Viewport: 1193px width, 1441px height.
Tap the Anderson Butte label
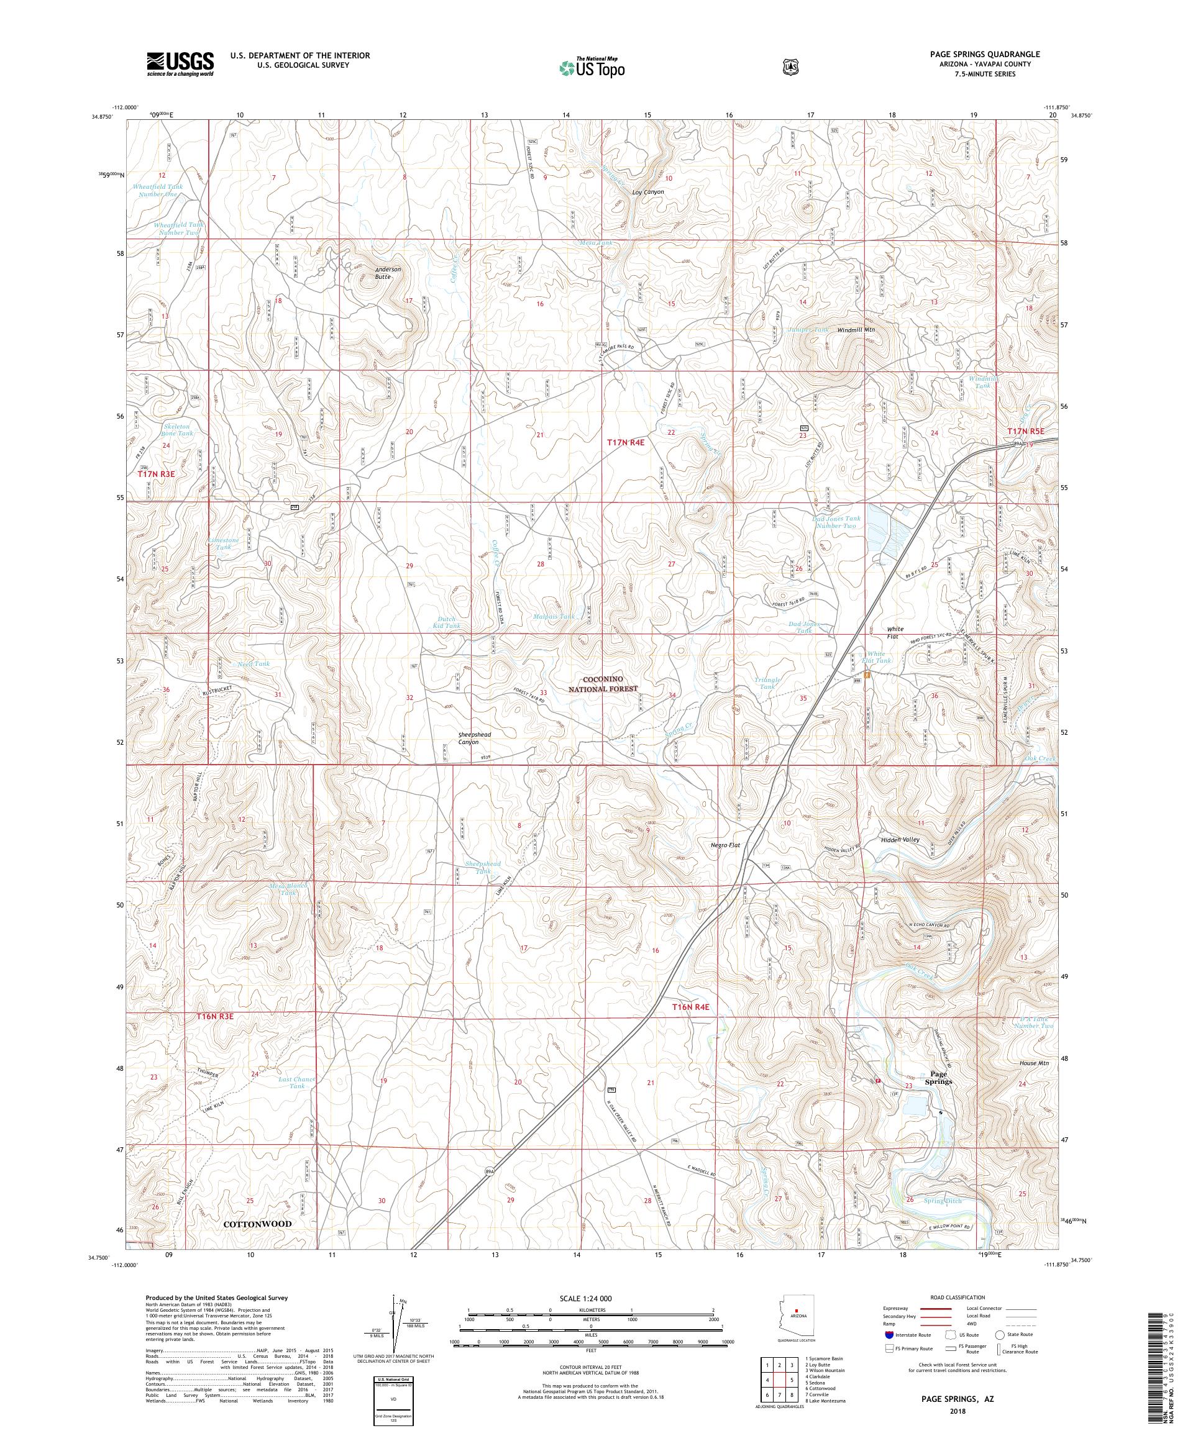tap(387, 273)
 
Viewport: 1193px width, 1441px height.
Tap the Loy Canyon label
tap(647, 192)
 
